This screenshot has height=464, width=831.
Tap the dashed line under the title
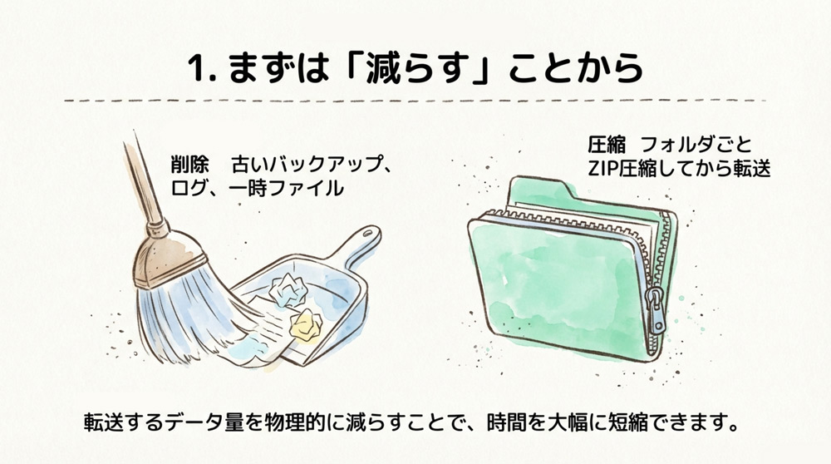point(415,101)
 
